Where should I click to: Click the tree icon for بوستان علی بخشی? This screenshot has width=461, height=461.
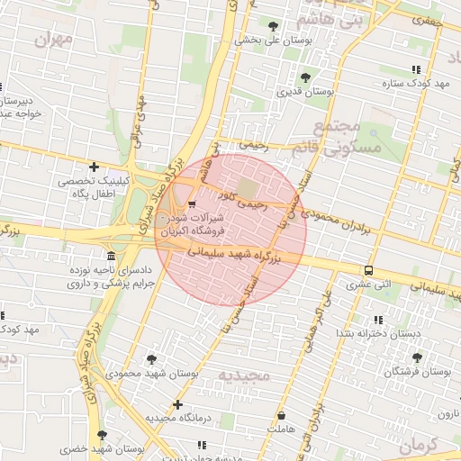point(273,24)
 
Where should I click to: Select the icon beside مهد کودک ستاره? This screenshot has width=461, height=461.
point(415,69)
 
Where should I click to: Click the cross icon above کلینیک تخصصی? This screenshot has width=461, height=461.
point(94,167)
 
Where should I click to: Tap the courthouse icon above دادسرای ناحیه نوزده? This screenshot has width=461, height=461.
point(111,256)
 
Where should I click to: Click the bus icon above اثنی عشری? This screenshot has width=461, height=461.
point(368,270)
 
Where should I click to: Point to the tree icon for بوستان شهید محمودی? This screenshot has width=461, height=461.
point(150,358)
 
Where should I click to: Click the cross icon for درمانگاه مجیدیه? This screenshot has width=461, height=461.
point(177,404)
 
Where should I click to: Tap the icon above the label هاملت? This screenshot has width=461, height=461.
point(282,416)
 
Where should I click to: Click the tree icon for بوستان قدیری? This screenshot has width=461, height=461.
point(305,77)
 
